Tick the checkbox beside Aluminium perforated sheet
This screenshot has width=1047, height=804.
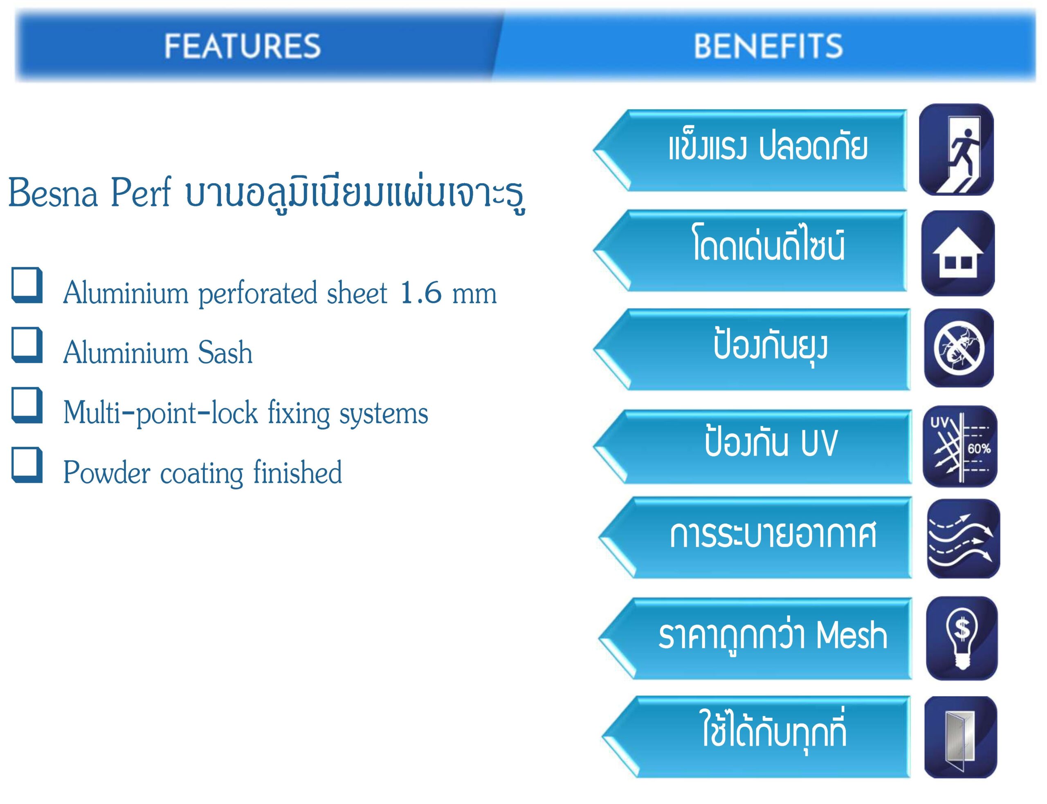click(27, 285)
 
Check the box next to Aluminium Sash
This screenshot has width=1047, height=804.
click(27, 345)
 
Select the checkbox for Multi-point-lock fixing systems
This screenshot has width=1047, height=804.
click(27, 405)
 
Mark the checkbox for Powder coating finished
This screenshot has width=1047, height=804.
click(27, 465)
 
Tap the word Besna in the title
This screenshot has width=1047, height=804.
click(53, 193)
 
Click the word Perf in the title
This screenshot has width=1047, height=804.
click(141, 193)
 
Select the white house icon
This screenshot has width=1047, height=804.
click(958, 253)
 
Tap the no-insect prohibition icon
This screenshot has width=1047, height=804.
click(959, 348)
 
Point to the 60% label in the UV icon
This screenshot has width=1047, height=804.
click(979, 448)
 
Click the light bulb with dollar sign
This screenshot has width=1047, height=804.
click(962, 638)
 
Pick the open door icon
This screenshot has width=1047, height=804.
click(960, 737)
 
